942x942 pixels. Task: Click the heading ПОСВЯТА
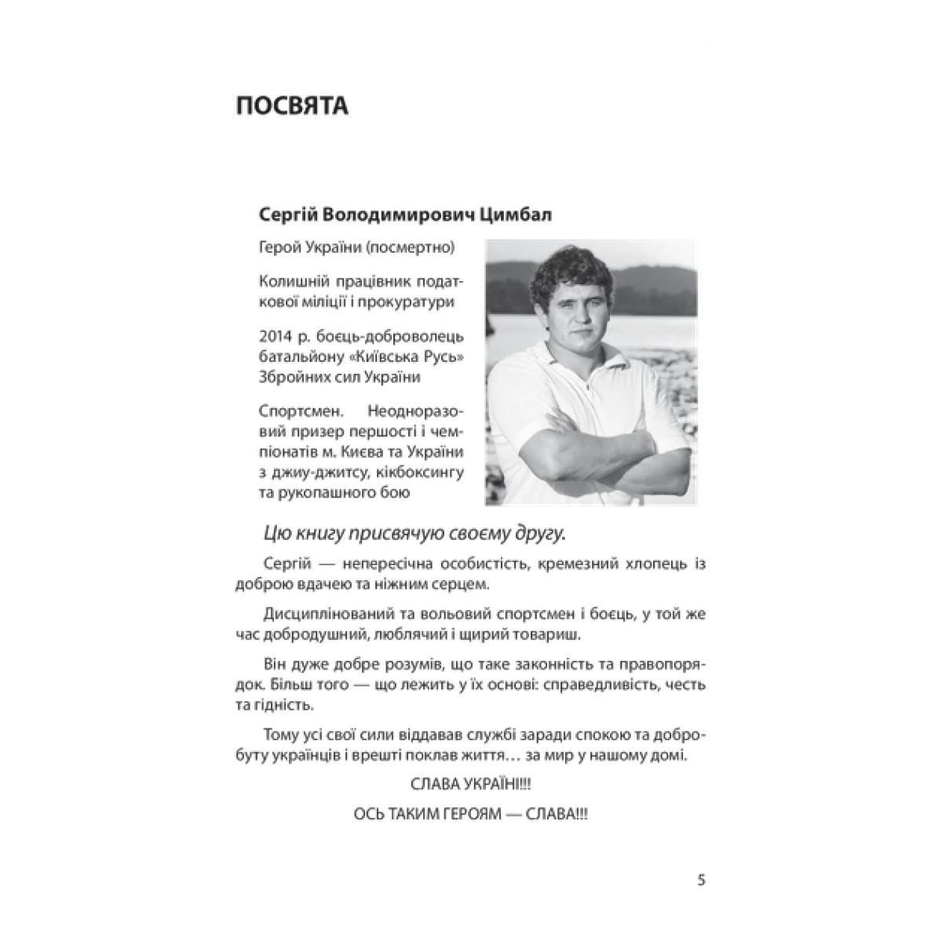point(292,106)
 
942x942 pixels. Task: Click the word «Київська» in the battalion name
point(380,357)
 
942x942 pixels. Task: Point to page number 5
point(701,880)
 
